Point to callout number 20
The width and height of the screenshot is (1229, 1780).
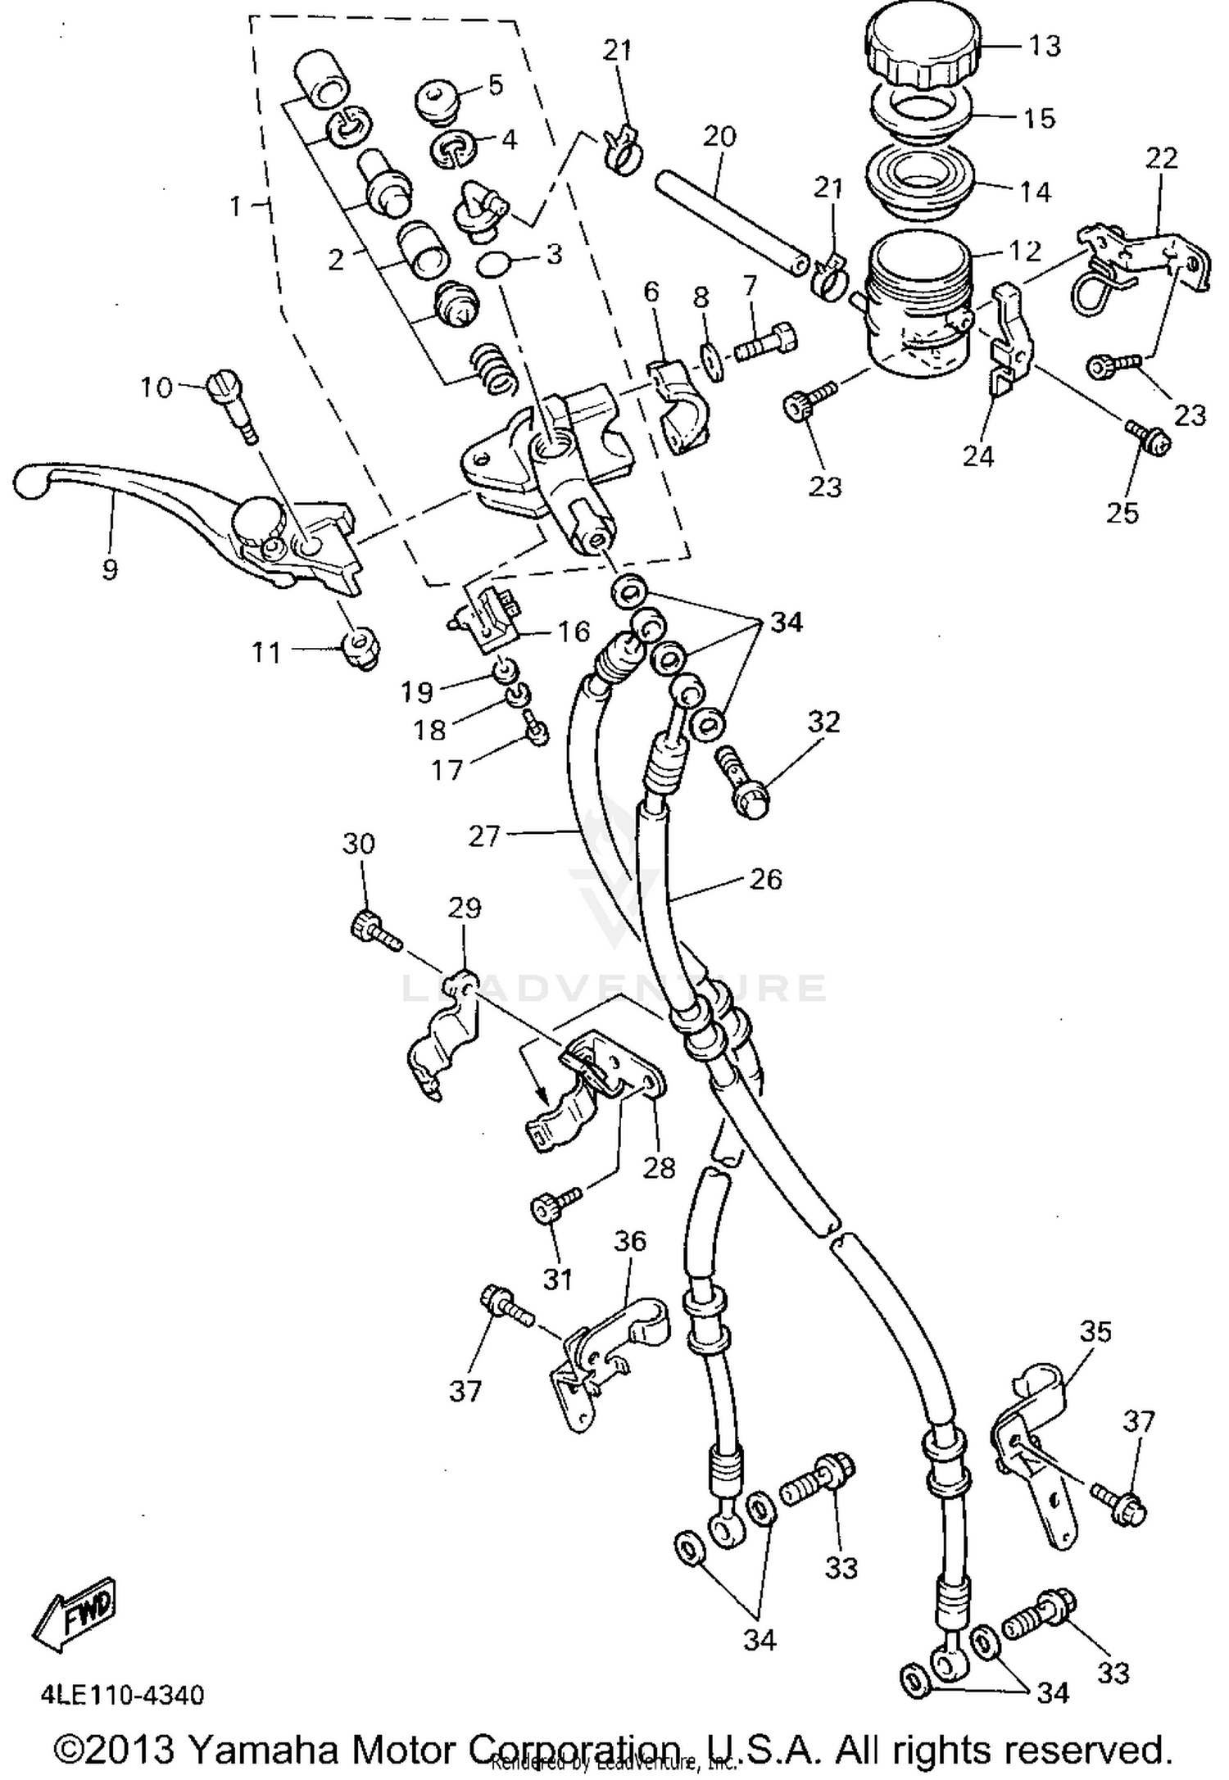tap(719, 136)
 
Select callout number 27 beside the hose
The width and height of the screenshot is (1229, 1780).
tap(483, 836)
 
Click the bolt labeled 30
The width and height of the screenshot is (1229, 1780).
tap(371, 929)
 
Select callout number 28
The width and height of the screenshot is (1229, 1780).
tap(658, 1166)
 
